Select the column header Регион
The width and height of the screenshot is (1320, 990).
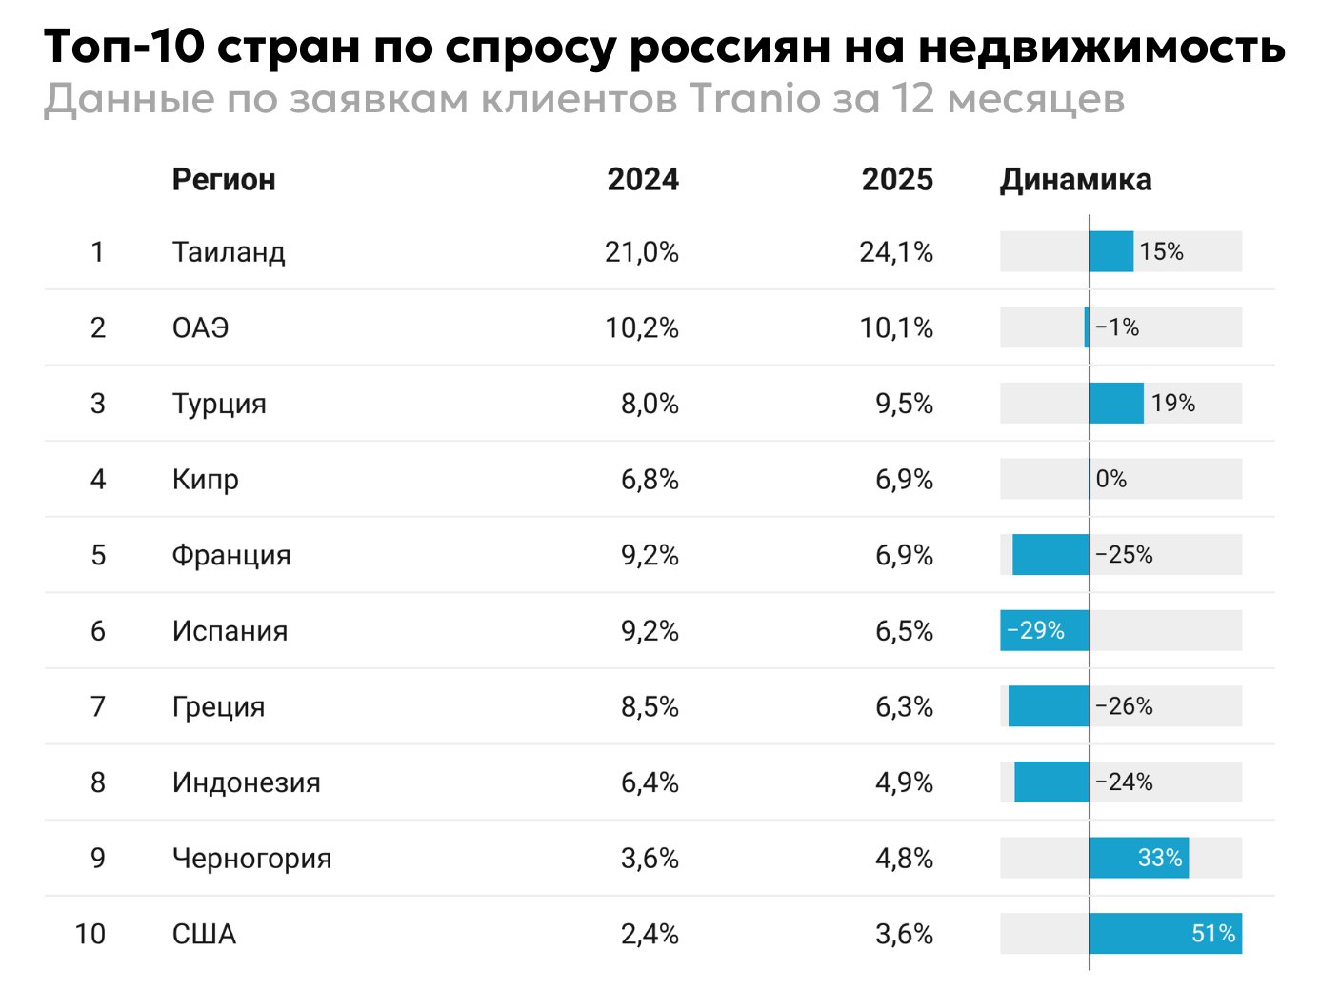tap(224, 179)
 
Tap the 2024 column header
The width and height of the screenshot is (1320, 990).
tap(643, 179)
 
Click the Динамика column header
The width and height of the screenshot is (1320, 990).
tap(1075, 179)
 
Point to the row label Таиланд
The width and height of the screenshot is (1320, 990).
tap(229, 252)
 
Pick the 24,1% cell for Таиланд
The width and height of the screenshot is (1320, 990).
tap(896, 252)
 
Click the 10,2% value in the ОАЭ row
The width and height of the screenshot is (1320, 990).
tap(642, 328)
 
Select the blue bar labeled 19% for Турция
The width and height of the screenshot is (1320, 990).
tap(1116, 404)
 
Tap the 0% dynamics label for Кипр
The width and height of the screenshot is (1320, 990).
tap(1111, 479)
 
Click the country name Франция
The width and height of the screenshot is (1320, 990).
tap(231, 555)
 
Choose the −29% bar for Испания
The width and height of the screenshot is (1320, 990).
tap(1044, 630)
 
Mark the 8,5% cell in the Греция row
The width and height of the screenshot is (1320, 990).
tap(650, 706)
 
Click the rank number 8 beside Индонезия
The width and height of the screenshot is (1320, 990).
tap(98, 782)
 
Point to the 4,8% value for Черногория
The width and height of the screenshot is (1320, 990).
tap(904, 858)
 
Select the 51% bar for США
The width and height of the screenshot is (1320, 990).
tap(1165, 934)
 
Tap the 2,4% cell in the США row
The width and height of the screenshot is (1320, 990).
tap(650, 934)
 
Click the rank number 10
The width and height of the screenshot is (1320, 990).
tap(90, 934)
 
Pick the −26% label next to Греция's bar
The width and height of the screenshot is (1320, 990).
tap(1124, 706)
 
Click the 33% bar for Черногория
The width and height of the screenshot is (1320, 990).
tap(1138, 858)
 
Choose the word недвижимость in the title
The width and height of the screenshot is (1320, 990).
tap(1101, 47)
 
